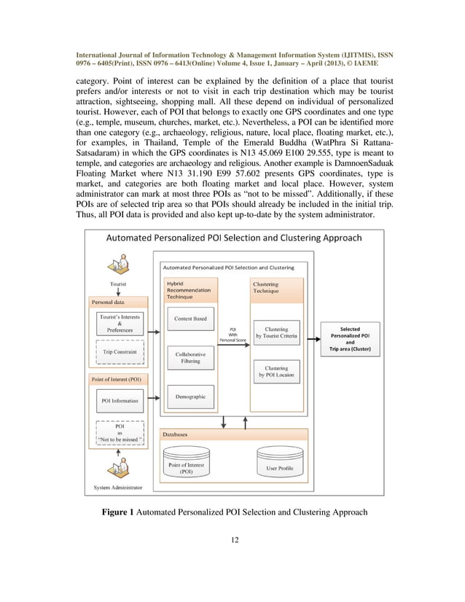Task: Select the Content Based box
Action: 190,318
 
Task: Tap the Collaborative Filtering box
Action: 190,357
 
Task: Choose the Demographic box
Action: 190,396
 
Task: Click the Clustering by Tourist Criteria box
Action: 276,332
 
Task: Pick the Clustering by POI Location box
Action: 276,372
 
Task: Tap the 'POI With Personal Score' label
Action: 232,335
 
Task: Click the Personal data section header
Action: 108,301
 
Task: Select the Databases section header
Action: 175,434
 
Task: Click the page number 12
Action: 232,540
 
